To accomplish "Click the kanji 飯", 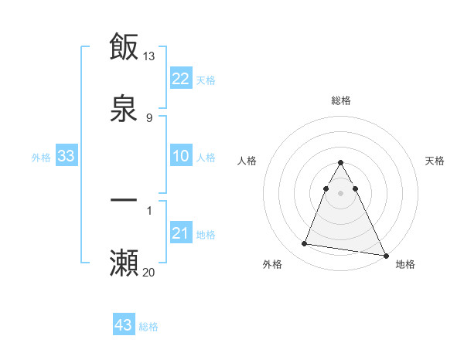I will tap(124, 47).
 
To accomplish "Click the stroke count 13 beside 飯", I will tap(149, 56).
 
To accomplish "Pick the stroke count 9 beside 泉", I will tap(148, 117).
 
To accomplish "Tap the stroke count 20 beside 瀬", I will tap(149, 271).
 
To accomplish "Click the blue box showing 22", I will tap(181, 79).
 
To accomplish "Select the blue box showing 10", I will tap(181, 157).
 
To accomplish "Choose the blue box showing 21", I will tap(181, 233).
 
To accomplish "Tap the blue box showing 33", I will tap(67, 157).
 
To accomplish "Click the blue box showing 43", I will tap(124, 325).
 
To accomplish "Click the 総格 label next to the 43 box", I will tap(148, 327).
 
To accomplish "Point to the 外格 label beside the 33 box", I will tap(41, 158).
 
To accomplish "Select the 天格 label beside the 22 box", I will tap(206, 80).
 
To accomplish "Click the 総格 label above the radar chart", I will tap(341, 101).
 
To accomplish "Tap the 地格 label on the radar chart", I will tap(405, 264).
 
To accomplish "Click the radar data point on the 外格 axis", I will tap(305, 244).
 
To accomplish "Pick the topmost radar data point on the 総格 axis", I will tap(341, 163).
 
